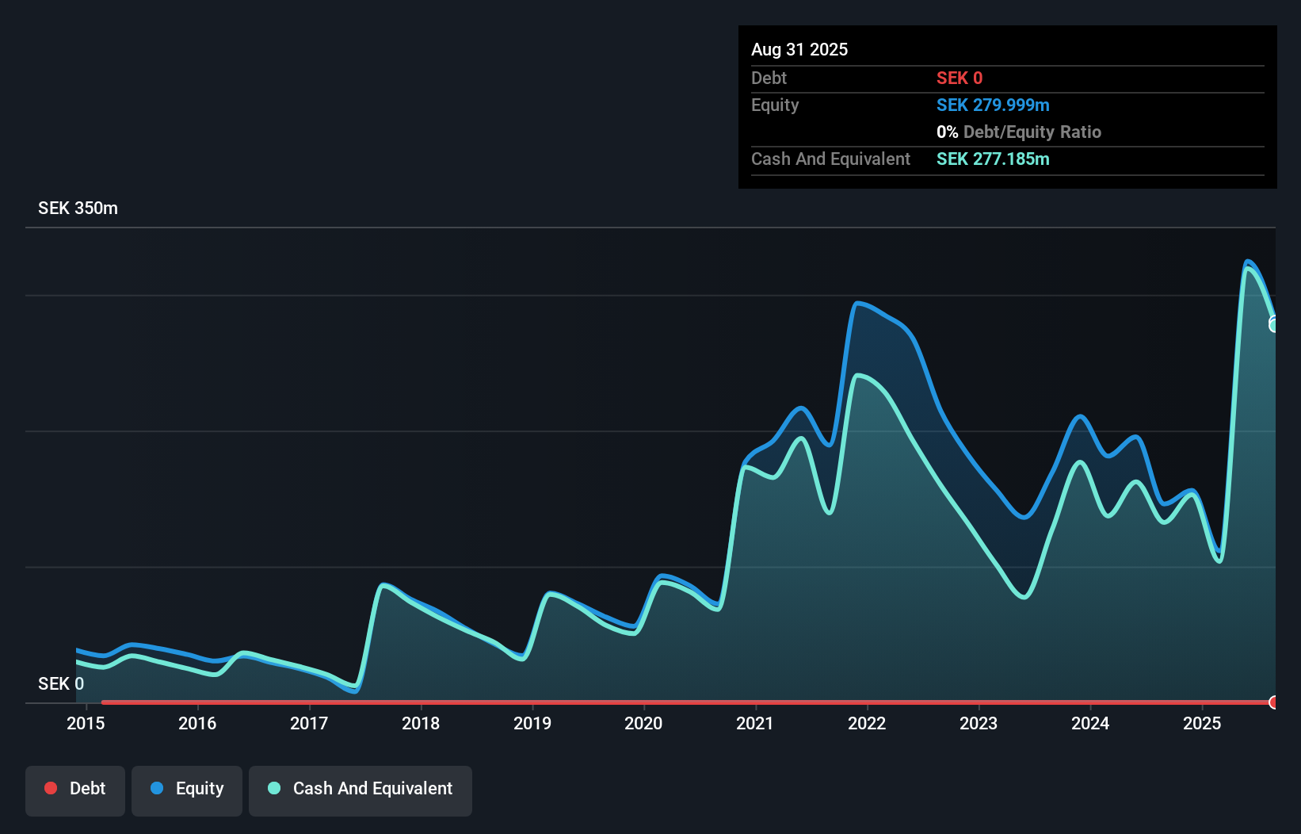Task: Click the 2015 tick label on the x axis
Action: [86, 723]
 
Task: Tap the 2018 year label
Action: [421, 723]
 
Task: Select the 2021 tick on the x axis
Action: [755, 723]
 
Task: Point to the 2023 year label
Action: [979, 723]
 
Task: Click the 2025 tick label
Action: [1202, 723]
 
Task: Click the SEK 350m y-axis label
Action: [78, 208]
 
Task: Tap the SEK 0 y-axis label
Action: [61, 683]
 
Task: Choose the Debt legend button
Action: [75, 789]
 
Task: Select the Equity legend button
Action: [187, 789]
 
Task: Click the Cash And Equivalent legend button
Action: [361, 789]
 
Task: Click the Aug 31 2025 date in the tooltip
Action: [799, 49]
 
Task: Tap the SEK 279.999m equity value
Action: [993, 105]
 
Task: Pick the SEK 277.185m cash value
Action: [993, 159]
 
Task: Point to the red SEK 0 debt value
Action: [960, 78]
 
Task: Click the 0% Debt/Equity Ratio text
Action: [1019, 132]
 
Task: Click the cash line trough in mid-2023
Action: [1024, 597]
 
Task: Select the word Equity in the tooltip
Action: [775, 105]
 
